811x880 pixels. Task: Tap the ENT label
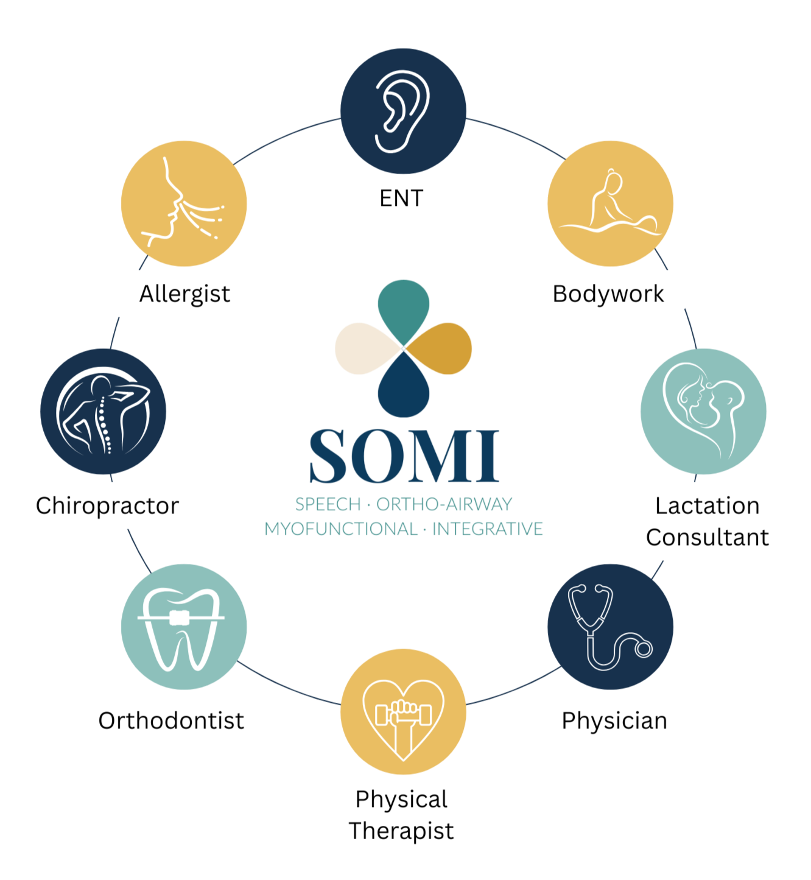[401, 199]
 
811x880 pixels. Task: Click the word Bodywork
[608, 294]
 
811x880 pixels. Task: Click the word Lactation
[707, 506]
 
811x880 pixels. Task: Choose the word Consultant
[707, 538]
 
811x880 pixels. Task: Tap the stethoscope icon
[609, 627]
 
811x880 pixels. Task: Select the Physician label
[614, 721]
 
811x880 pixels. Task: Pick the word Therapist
[401, 831]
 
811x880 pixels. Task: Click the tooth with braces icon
[180, 628]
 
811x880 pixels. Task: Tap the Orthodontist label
[171, 721]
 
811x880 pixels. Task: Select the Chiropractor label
[107, 506]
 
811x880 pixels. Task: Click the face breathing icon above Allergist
[181, 205]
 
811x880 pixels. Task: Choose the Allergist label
[184, 294]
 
